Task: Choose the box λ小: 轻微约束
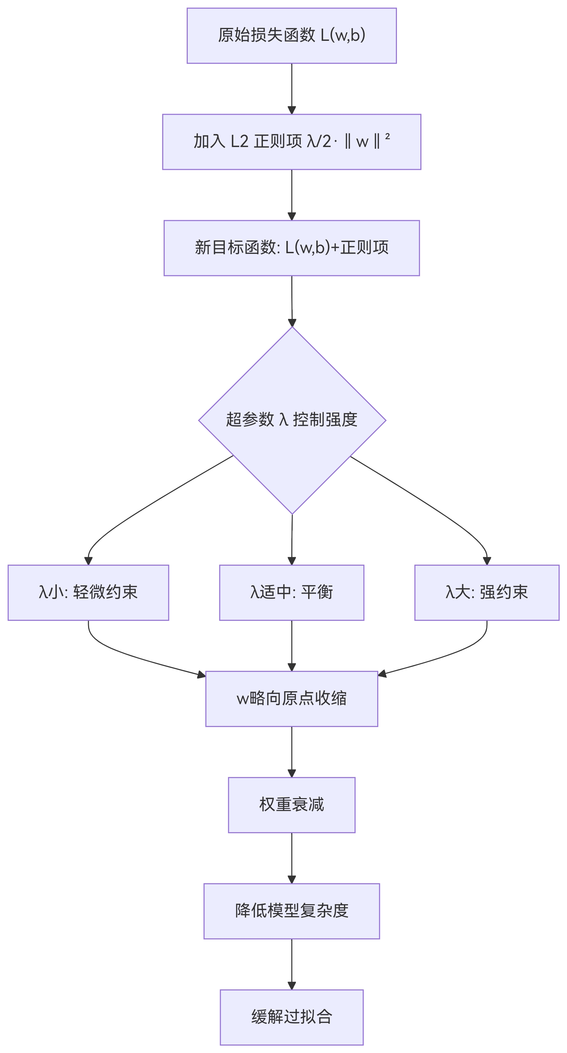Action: click(x=88, y=593)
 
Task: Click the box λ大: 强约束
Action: click(x=486, y=593)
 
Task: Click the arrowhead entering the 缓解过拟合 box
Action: click(x=292, y=986)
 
